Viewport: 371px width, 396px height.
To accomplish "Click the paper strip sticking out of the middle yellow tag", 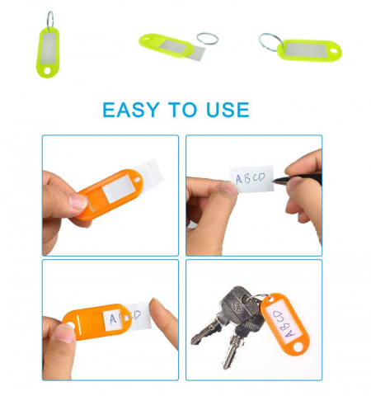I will [x=193, y=51].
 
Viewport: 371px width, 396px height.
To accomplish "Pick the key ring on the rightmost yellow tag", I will [x=270, y=40].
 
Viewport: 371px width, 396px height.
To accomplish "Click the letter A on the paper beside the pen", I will [x=238, y=178].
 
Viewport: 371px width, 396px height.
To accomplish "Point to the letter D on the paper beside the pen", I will [x=262, y=177].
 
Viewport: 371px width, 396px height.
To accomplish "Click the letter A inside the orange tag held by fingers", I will [x=113, y=318].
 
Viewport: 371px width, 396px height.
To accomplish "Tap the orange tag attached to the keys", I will [x=280, y=319].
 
